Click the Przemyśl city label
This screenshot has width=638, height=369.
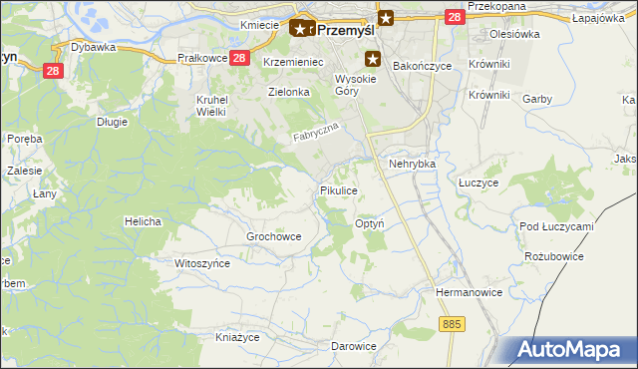(x=346, y=29)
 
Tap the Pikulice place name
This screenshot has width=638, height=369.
(x=338, y=189)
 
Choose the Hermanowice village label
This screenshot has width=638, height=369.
(x=466, y=292)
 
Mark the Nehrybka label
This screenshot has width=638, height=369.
(x=414, y=163)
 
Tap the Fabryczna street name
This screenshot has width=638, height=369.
(x=317, y=132)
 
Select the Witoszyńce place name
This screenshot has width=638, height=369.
(x=202, y=263)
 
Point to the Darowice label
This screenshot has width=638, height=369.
(x=354, y=346)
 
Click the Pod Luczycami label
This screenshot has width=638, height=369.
(x=556, y=226)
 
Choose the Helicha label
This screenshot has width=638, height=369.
(x=143, y=220)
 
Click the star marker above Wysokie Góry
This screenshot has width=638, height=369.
(x=373, y=59)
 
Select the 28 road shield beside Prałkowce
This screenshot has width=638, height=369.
(x=239, y=58)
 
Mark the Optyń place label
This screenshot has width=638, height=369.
(x=370, y=224)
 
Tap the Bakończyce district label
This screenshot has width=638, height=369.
(x=422, y=66)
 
